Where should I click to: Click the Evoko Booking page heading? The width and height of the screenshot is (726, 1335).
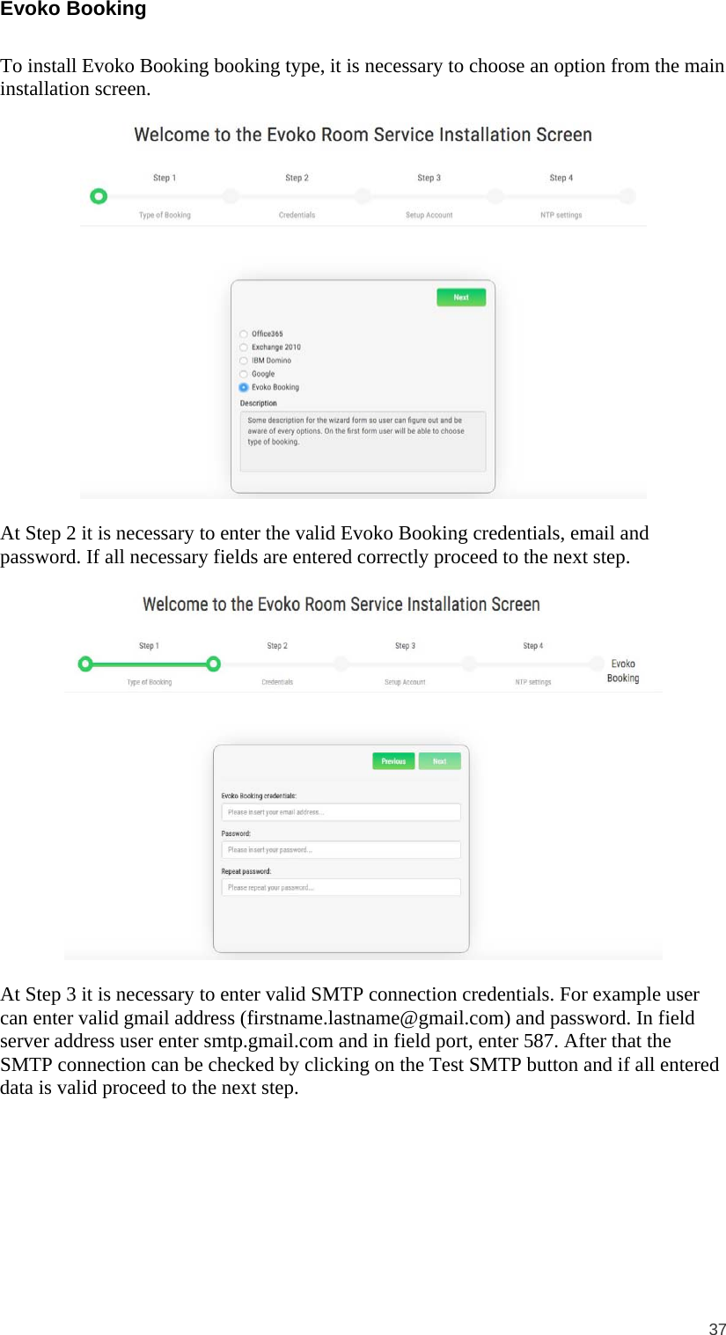click(73, 10)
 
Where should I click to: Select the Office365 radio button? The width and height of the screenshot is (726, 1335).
click(244, 334)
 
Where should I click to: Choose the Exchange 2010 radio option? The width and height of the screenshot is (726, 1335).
click(244, 348)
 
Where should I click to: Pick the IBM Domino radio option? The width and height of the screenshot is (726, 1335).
click(244, 361)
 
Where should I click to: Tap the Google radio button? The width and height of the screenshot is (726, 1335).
click(244, 374)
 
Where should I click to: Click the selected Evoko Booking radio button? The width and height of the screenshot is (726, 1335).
click(244, 387)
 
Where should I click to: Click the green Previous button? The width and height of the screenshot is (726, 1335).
click(393, 761)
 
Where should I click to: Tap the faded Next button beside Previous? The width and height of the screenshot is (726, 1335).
click(439, 761)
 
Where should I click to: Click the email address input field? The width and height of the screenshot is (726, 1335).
click(341, 812)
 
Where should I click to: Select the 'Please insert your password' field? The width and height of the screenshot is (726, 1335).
click(341, 850)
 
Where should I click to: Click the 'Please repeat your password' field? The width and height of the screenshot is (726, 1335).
click(341, 888)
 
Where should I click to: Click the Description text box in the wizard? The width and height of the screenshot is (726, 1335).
click(363, 441)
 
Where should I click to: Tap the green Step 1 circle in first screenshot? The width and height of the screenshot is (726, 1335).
click(99, 196)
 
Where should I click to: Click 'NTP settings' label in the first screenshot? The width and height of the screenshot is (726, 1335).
click(561, 216)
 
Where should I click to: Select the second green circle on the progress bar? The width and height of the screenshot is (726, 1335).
click(213, 664)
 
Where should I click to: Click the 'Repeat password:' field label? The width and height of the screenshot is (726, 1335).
click(246, 872)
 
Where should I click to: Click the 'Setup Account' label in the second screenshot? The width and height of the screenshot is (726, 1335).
click(405, 682)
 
